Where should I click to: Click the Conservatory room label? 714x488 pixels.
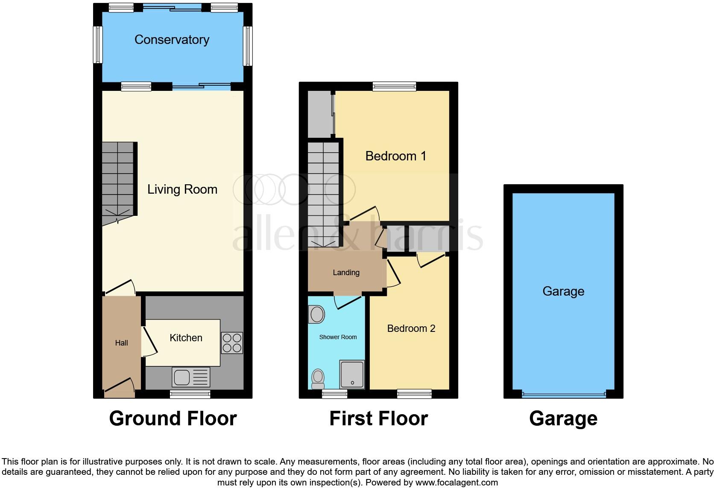[172, 40]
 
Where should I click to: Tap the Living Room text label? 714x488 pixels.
[182, 189]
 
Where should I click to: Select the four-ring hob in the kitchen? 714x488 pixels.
[232, 343]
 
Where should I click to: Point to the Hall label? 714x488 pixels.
[121, 343]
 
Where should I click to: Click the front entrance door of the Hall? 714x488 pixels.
[120, 386]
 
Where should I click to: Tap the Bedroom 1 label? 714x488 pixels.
[395, 156]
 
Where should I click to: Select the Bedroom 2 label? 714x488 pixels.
[411, 328]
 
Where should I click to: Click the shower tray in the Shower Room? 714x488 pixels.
[352, 374]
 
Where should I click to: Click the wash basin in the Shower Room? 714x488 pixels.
[316, 315]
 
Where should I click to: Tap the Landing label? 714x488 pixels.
[346, 273]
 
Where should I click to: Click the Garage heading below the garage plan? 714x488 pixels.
[563, 418]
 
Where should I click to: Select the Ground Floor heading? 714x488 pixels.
[173, 418]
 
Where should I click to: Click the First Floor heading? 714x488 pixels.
[378, 418]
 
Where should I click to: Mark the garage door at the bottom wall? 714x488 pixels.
[563, 394]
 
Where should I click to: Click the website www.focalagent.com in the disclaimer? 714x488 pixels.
[456, 483]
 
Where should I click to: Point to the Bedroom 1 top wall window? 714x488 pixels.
[394, 86]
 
